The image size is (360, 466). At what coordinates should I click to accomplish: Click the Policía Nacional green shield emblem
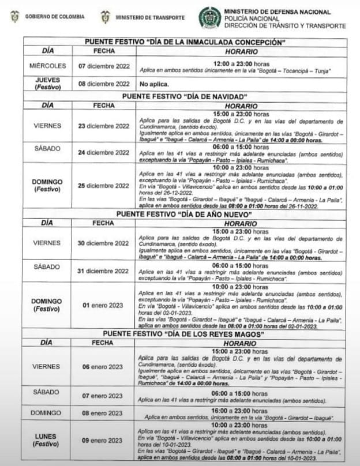[x=209, y=17]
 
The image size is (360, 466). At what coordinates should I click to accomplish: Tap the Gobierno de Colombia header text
[x=55, y=17]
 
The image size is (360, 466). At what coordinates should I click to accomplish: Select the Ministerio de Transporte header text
[x=150, y=17]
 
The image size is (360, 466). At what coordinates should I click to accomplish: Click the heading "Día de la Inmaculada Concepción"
[x=185, y=42]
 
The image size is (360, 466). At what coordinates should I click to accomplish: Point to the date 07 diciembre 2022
[x=104, y=66]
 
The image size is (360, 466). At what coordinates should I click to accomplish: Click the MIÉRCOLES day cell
[x=47, y=66]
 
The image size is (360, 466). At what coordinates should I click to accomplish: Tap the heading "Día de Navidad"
[x=185, y=96]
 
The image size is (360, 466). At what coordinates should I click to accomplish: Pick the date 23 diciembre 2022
[x=104, y=126]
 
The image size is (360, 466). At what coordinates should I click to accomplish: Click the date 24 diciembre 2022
[x=104, y=153]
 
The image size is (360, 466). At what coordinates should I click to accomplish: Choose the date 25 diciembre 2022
[x=104, y=186]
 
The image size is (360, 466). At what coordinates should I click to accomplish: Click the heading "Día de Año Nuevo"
[x=185, y=214]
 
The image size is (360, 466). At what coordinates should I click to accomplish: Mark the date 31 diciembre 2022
[x=104, y=270]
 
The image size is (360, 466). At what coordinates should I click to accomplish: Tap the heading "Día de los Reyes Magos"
[x=185, y=335]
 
